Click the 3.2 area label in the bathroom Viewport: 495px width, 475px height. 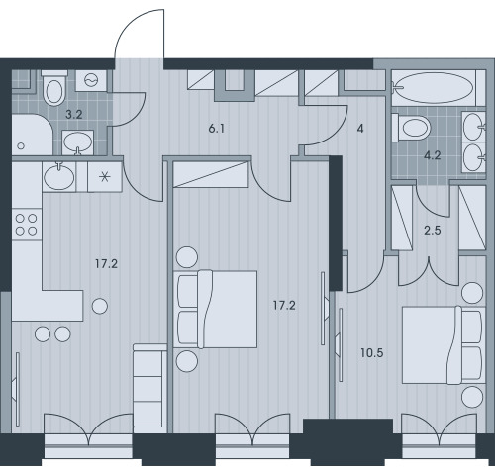73,115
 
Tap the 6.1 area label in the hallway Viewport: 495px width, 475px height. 217,129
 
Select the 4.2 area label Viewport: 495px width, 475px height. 433,155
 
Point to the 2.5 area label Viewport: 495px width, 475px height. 433,231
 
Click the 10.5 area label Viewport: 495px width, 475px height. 372,353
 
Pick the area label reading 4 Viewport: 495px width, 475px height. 360,129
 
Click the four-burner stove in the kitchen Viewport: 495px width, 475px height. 27,225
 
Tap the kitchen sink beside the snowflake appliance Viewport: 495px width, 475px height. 59,177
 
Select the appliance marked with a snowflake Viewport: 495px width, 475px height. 105,177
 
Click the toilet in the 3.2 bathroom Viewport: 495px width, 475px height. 54,88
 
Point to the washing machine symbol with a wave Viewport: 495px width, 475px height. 91,80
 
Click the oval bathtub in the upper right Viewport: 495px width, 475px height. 434,88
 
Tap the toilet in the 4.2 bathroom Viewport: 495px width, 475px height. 411,128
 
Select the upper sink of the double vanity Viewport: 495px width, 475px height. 473,127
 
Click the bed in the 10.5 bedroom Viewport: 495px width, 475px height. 444,345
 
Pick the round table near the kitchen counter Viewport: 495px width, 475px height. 100,306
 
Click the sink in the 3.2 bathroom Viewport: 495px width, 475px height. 77,142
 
